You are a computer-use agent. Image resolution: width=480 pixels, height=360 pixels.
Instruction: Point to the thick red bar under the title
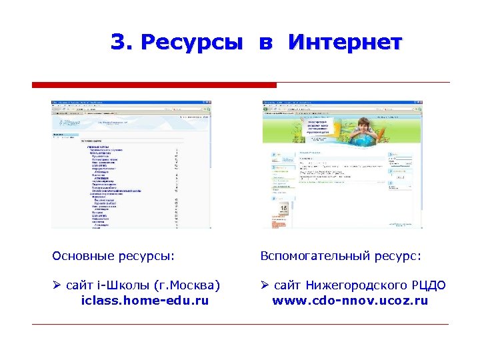tap(154, 85)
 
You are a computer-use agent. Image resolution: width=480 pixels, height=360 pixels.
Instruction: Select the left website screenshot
tap(131, 164)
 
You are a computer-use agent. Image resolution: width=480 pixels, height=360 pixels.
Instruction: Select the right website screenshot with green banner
tap(342, 164)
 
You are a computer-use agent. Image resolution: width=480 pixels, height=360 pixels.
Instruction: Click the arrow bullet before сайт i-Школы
tap(57, 286)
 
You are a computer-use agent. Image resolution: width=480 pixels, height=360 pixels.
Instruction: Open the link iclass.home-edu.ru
tap(145, 301)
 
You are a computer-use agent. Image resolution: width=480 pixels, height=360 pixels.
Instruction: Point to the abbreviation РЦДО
tap(429, 286)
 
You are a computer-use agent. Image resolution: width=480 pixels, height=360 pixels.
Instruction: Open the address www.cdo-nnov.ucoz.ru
tap(350, 301)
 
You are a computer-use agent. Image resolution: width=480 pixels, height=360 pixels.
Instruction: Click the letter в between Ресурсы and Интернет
tap(265, 44)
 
